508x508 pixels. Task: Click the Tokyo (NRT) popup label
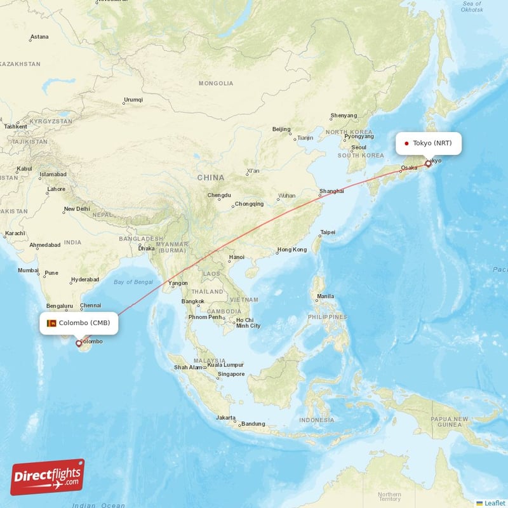pos(429,143)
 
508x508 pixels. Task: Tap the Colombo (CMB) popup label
pos(79,323)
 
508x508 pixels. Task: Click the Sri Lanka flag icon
pos(52,323)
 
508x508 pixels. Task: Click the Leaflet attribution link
pos(494,503)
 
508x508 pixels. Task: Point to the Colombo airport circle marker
pos(79,343)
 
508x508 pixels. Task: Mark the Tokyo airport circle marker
pos(428,163)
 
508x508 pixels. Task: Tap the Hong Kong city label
pos(292,250)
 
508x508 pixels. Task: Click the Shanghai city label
pos(331,190)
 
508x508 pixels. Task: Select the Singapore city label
pos(231,374)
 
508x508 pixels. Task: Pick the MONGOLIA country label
pos(216,83)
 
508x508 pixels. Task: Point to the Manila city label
pos(325,296)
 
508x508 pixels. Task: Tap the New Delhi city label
pos(76,208)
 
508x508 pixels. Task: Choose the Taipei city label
pos(328,232)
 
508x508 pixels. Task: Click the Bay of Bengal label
pos(133,281)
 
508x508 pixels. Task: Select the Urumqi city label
pos(133,100)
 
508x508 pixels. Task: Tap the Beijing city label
pos(281,129)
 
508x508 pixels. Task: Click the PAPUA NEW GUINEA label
pos(448,422)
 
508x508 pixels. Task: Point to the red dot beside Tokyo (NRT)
pos(406,144)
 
